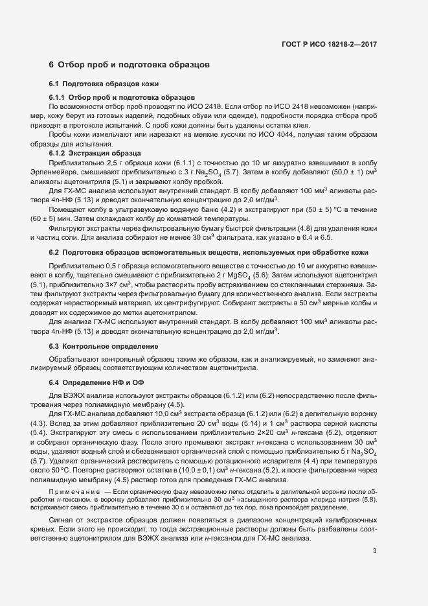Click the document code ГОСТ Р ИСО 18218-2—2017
pyautogui.click(x=329, y=44)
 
